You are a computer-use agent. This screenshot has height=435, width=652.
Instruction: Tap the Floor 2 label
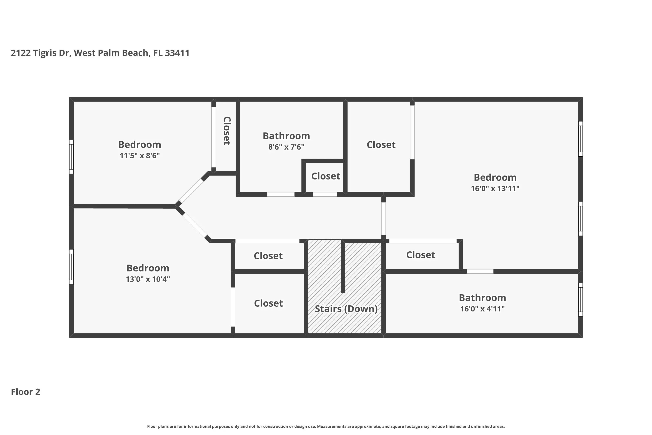[25, 392]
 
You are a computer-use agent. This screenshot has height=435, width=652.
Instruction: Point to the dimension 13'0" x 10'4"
[148, 279]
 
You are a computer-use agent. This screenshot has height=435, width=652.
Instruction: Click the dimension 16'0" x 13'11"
[495, 188]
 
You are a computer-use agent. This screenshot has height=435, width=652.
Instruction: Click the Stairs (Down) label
[346, 309]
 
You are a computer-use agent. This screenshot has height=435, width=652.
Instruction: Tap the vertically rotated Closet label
[227, 131]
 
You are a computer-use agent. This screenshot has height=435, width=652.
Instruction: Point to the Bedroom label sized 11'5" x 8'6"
[140, 145]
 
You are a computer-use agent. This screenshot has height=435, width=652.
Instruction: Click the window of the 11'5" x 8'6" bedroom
[71, 157]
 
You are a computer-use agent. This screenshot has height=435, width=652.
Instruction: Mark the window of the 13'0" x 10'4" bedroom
[71, 267]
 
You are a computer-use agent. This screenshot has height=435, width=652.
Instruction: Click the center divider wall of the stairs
[343, 266]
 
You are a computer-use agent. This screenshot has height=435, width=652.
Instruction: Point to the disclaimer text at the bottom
[326, 426]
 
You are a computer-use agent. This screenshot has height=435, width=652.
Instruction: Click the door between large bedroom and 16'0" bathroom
[480, 271]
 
